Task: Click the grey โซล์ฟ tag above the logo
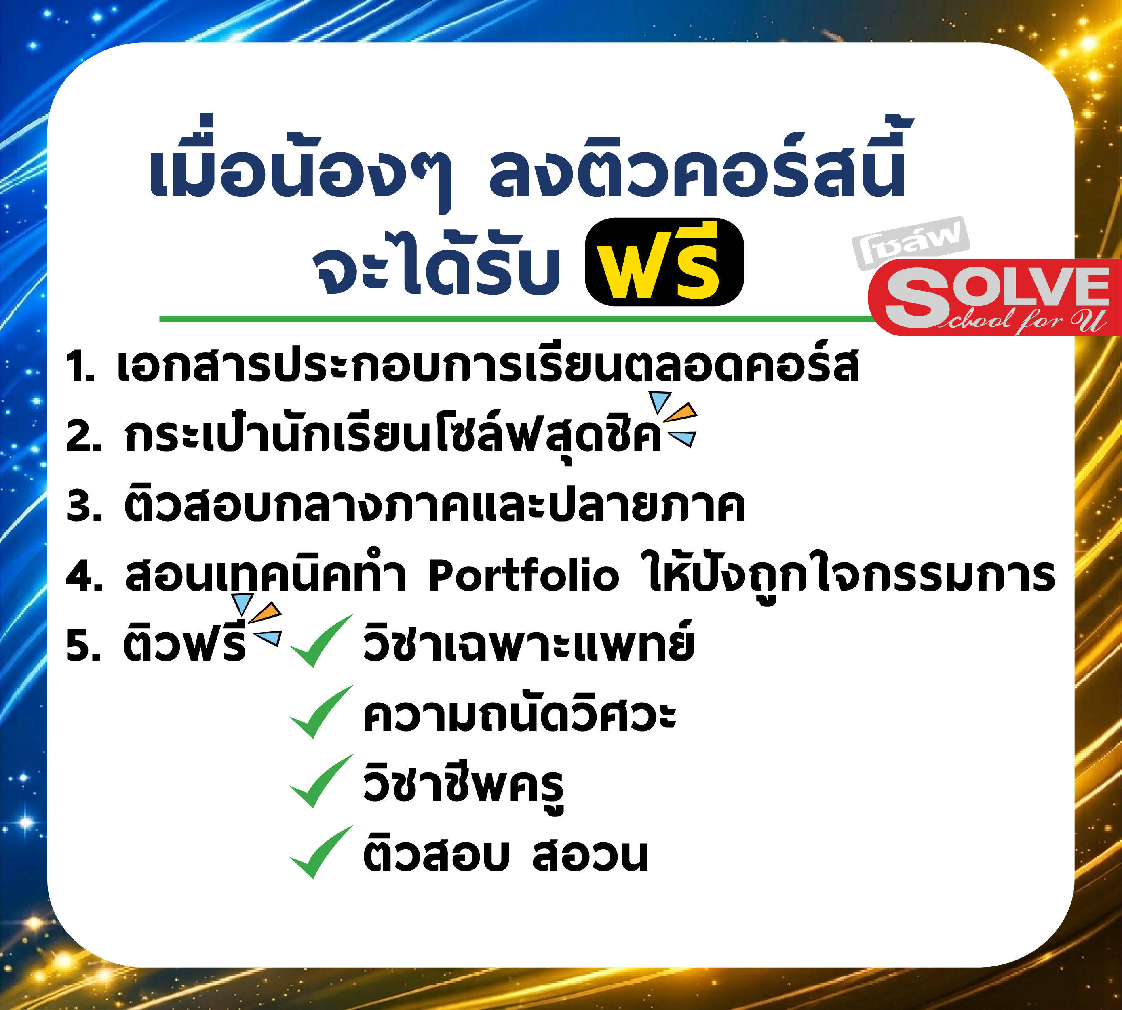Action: pyautogui.click(x=911, y=242)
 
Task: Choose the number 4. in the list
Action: pyautogui.click(x=84, y=575)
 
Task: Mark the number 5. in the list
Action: pyautogui.click(x=83, y=646)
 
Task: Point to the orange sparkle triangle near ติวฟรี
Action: pyautogui.click(x=266, y=612)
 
